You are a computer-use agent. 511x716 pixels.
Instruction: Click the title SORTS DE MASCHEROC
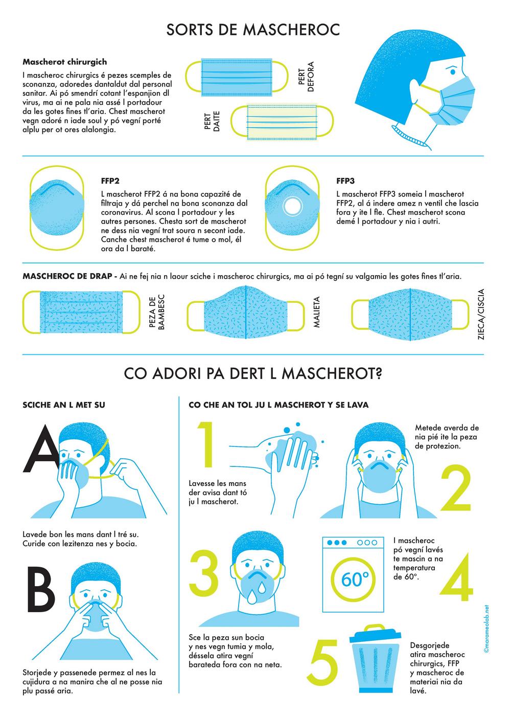253,30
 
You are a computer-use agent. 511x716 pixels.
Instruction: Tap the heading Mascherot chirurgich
64,62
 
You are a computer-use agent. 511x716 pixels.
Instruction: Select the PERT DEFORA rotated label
306,77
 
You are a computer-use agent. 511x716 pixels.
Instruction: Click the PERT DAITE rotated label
212,121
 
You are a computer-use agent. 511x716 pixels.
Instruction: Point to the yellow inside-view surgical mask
282,122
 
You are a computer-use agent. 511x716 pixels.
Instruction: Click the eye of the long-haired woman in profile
452,72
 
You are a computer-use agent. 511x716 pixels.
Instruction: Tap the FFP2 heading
110,181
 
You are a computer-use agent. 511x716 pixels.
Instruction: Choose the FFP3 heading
345,181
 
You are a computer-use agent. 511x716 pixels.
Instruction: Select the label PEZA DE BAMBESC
157,312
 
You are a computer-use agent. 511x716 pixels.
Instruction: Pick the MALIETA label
316,312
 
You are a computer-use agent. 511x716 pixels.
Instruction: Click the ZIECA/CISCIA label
481,314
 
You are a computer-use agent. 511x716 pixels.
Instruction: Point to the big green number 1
206,444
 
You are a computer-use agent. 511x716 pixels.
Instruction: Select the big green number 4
456,577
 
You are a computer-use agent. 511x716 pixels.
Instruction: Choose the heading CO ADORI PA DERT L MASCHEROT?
253,373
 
